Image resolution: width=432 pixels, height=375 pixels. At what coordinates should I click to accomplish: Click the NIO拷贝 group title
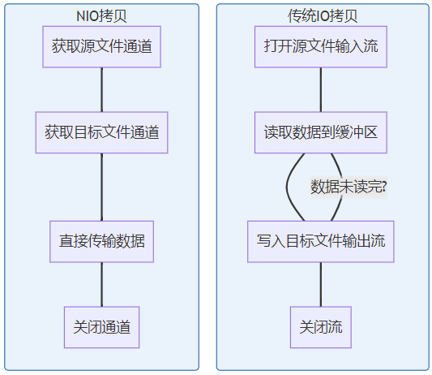[101, 16]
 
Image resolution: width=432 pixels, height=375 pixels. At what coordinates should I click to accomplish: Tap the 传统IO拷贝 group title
[323, 16]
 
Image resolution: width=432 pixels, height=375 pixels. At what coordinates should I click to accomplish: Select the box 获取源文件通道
[101, 46]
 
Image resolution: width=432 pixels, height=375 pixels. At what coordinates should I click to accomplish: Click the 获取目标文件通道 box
[101, 132]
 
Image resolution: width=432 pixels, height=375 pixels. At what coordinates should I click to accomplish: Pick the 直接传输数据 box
[101, 241]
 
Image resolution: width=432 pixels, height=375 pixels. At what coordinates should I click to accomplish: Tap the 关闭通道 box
[101, 327]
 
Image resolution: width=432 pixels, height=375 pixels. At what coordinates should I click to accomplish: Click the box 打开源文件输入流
[321, 46]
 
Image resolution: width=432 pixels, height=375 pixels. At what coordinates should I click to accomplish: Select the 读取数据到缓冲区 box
[321, 132]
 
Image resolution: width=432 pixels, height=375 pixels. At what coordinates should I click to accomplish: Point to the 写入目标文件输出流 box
[321, 241]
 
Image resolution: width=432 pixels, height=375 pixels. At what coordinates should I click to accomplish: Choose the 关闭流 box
[321, 327]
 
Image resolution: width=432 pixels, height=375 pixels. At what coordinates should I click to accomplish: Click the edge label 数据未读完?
[349, 187]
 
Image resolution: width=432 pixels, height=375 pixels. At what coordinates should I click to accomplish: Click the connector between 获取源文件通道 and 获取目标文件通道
[101, 89]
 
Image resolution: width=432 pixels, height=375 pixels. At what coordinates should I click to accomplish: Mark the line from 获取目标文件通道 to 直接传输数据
[101, 187]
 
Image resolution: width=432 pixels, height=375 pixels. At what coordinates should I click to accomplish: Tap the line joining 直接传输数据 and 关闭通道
[101, 284]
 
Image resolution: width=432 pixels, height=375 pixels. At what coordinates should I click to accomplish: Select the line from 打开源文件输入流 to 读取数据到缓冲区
[321, 89]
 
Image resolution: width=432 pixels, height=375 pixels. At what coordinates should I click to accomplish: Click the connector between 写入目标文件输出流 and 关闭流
[321, 284]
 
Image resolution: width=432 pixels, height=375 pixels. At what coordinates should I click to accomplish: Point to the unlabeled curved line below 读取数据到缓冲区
[287, 187]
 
